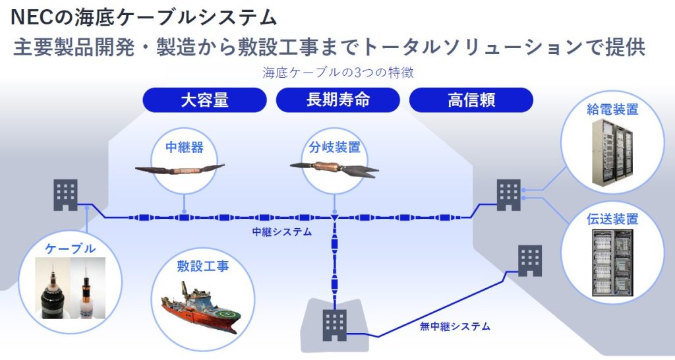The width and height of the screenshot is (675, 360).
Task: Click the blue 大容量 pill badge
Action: tap(204, 100)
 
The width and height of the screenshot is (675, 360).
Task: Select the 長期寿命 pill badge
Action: tap(338, 100)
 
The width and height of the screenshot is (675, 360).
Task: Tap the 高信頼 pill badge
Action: tap(471, 100)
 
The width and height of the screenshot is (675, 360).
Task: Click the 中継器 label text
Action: tap(185, 147)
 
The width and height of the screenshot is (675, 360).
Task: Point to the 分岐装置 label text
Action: tap(334, 147)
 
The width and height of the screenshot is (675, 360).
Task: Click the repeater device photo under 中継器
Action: tap(180, 169)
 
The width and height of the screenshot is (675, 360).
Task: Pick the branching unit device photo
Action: tap(334, 169)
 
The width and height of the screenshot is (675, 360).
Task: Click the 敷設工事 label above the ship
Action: tap(203, 266)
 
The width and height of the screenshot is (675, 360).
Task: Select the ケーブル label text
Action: tap(70, 249)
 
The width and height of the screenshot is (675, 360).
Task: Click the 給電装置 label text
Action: tap(612, 109)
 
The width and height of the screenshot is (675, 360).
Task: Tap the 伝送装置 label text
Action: tap(612, 219)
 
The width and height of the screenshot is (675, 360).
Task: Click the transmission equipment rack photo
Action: tap(612, 262)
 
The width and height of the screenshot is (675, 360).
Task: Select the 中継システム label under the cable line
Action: tap(282, 231)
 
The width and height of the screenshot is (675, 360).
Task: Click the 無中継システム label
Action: tap(455, 326)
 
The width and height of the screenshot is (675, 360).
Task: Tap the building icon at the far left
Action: tap(65, 195)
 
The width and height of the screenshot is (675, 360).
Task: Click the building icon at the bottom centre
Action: tap(334, 325)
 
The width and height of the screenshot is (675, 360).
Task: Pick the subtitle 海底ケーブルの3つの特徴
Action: tap(338, 73)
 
